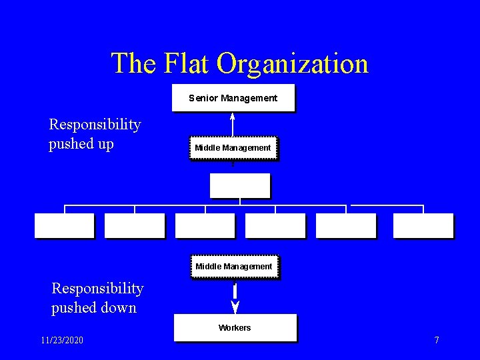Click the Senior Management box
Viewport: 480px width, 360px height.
pyautogui.click(x=233, y=98)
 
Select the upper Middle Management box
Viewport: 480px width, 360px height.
pyautogui.click(x=233, y=148)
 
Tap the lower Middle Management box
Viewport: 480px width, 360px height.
pyautogui.click(x=233, y=267)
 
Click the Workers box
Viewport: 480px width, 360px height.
pyautogui.click(x=235, y=327)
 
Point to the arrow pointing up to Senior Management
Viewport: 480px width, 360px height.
pyautogui.click(x=232, y=124)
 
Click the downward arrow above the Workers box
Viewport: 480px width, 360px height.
pyautogui.click(x=235, y=298)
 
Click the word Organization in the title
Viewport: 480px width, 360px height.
pyautogui.click(x=293, y=64)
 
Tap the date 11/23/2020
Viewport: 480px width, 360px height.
pyautogui.click(x=62, y=341)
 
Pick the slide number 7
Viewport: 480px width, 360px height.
pyautogui.click(x=437, y=341)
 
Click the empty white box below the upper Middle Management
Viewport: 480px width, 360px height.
pyautogui.click(x=239, y=185)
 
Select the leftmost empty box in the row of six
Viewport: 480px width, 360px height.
pyautogui.click(x=64, y=225)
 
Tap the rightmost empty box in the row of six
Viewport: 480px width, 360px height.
pyautogui.click(x=423, y=225)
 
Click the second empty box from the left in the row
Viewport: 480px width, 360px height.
pyautogui.click(x=134, y=225)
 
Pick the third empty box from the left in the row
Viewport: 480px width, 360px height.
pyautogui.click(x=205, y=225)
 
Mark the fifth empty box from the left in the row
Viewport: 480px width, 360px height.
pyautogui.click(x=345, y=225)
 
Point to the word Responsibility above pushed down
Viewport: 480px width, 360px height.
pyautogui.click(x=97, y=289)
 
